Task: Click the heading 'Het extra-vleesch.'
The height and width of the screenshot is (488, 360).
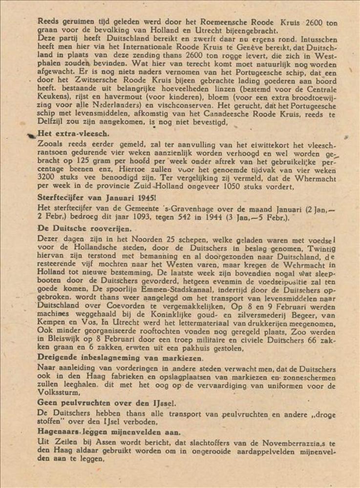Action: (73, 133)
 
